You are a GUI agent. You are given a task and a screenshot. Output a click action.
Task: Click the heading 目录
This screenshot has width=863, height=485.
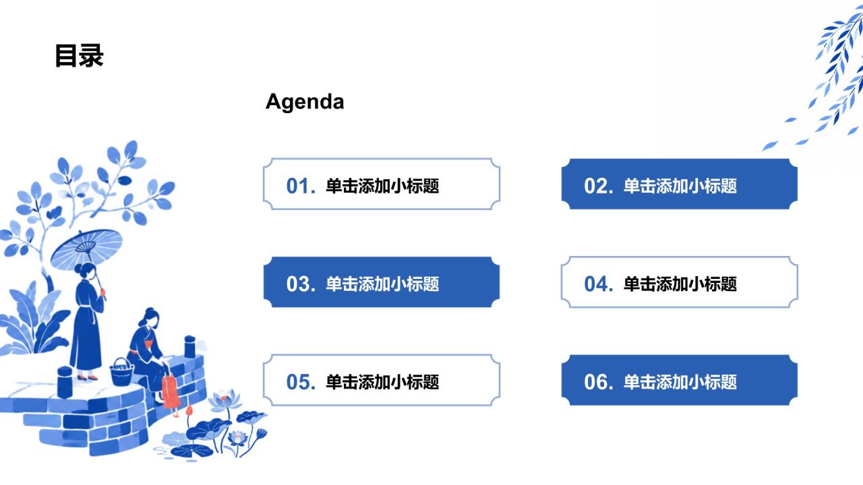tap(79, 55)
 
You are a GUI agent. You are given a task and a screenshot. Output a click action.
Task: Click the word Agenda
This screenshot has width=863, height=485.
tap(305, 102)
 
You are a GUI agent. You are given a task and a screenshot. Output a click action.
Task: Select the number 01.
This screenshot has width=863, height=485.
tap(301, 186)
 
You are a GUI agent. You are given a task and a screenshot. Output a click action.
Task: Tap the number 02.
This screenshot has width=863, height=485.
tap(599, 186)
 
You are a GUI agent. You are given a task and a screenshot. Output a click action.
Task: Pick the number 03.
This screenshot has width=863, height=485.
tap(301, 284)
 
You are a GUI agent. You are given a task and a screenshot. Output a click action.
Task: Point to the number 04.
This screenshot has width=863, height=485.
tap(599, 284)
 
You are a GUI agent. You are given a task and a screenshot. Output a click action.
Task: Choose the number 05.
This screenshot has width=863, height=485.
tap(301, 382)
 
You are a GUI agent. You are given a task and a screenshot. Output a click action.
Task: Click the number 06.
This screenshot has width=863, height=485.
tap(599, 382)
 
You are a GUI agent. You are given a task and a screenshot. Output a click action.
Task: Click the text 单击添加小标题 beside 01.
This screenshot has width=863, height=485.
tap(382, 186)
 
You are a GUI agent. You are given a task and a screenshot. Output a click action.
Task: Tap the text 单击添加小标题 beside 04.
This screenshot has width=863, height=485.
tap(680, 284)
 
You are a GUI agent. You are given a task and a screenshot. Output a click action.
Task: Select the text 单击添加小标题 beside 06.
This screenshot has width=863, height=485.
tap(680, 382)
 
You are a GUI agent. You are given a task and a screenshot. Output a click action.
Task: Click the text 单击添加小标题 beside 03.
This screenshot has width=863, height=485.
tap(382, 284)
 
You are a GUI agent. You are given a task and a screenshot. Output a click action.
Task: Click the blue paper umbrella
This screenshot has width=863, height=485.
tap(86, 249)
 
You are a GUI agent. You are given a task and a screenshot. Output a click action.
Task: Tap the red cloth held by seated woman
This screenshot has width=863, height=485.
tap(171, 392)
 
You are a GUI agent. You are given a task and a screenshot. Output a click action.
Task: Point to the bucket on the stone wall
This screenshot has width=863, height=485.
tap(121, 373)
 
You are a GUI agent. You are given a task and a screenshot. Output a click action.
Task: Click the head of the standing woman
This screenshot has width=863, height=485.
tap(87, 271)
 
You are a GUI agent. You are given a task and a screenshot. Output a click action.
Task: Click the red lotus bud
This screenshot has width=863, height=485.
tap(189, 412)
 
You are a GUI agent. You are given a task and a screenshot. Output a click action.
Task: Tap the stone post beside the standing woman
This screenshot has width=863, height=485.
tap(65, 382)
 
